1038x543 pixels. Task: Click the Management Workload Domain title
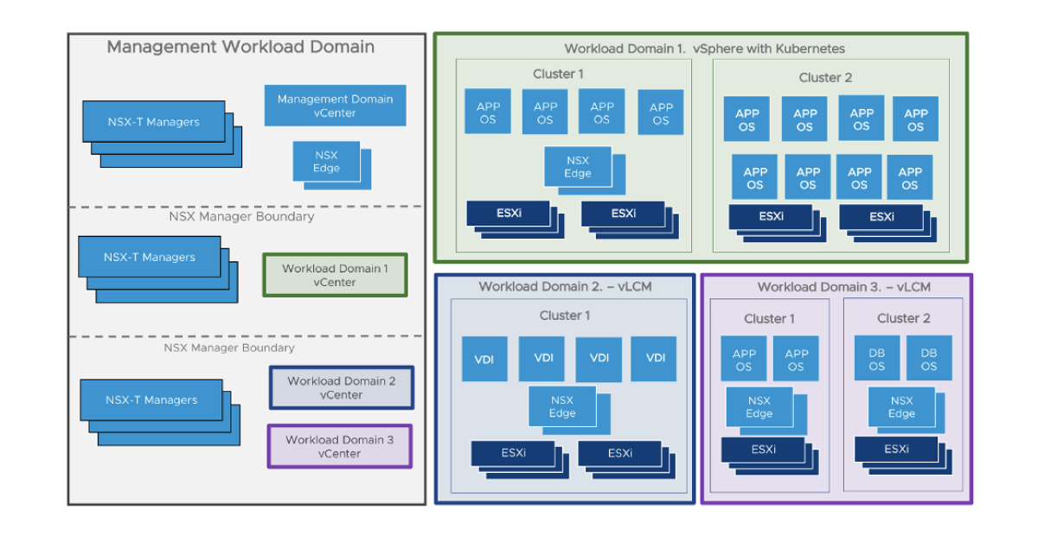tap(240, 48)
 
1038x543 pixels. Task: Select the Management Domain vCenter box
tap(335, 105)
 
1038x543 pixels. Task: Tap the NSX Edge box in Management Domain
tap(327, 162)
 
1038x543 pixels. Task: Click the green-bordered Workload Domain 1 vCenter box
tap(335, 275)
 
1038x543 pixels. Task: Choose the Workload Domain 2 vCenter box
tap(342, 387)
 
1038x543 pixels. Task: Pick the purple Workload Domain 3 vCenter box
tap(339, 446)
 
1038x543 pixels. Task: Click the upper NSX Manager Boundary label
tap(241, 217)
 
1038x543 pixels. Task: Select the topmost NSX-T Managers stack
tap(154, 122)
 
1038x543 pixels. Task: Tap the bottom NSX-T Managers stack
tap(151, 400)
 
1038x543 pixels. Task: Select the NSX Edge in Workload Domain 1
tap(578, 167)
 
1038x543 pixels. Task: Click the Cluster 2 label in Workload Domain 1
tap(825, 78)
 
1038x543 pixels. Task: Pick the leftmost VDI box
tap(484, 359)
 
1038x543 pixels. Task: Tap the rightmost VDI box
tap(655, 358)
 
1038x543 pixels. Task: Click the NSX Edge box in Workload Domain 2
tap(562, 406)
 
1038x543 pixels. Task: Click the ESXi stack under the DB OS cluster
tap(896, 450)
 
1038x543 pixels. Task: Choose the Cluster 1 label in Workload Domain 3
tap(769, 319)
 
